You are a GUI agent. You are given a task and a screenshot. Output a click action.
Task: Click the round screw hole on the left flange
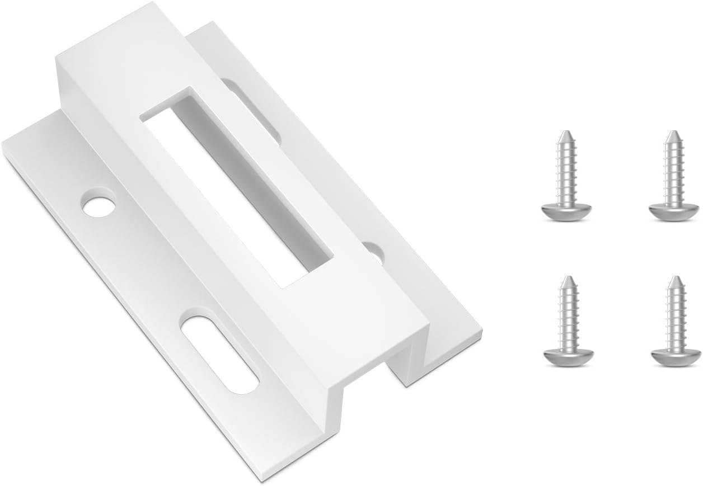(x=99, y=204)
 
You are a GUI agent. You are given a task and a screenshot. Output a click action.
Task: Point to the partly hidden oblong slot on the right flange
(x=252, y=109)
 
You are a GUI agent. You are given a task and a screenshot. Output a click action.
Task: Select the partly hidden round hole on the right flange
(x=374, y=252)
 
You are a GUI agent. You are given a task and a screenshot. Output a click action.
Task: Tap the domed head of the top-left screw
(x=565, y=212)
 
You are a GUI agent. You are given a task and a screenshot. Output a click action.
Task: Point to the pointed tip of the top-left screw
(x=566, y=135)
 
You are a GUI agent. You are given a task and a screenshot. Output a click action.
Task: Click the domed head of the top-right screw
(x=674, y=212)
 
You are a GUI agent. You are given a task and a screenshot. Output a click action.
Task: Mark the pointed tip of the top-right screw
(x=672, y=135)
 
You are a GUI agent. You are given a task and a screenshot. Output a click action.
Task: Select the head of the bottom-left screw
(x=566, y=356)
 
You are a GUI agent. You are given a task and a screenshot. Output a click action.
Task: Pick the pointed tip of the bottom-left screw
(x=568, y=279)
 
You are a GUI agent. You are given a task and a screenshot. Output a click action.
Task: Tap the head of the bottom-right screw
(x=676, y=356)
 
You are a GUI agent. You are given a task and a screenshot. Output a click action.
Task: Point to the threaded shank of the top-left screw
(x=566, y=171)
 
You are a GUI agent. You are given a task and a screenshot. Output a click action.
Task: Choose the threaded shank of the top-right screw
(x=673, y=171)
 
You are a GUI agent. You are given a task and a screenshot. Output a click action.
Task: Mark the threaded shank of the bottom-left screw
(x=567, y=316)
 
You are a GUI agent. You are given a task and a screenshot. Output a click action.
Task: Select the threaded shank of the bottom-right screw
(x=676, y=316)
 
